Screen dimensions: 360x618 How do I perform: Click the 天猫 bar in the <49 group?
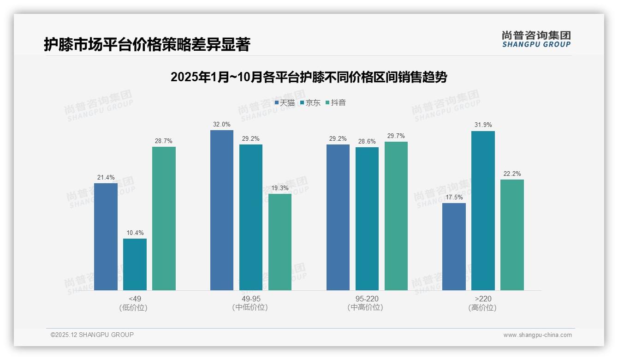pos(106,237)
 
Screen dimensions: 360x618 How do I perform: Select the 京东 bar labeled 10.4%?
pos(135,264)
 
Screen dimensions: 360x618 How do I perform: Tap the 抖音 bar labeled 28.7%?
pos(164,218)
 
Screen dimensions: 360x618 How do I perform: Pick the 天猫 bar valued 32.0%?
pos(222,210)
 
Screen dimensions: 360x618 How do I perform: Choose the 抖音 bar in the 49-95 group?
pos(280,242)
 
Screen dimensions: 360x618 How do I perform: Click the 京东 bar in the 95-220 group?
pos(367,219)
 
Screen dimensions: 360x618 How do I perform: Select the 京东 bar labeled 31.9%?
pos(483,210)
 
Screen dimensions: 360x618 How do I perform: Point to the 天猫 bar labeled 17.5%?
pos(454,246)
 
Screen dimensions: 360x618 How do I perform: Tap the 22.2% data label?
pos(512,174)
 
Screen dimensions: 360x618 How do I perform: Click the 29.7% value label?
pos(396,136)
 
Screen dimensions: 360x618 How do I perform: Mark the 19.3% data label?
pos(280,188)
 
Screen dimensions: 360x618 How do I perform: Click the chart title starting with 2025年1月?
pos(309,77)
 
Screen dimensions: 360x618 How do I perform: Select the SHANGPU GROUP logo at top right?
pos(536,39)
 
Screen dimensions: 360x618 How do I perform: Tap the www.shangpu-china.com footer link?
pos(537,335)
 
